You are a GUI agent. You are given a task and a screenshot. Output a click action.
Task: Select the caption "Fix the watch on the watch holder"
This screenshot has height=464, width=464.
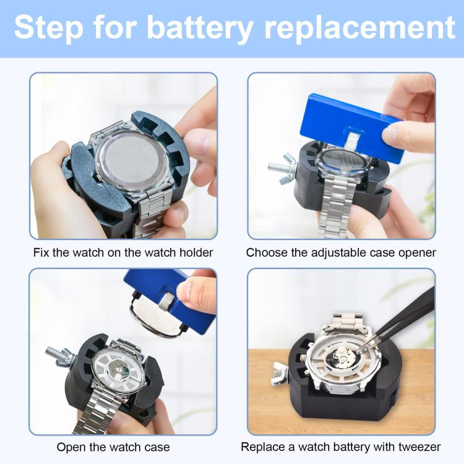click(123, 252)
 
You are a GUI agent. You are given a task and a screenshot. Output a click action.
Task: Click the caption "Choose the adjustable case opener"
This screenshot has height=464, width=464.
click(341, 252)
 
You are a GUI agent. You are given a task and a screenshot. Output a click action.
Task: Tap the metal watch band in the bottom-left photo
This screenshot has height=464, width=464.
click(102, 411)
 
